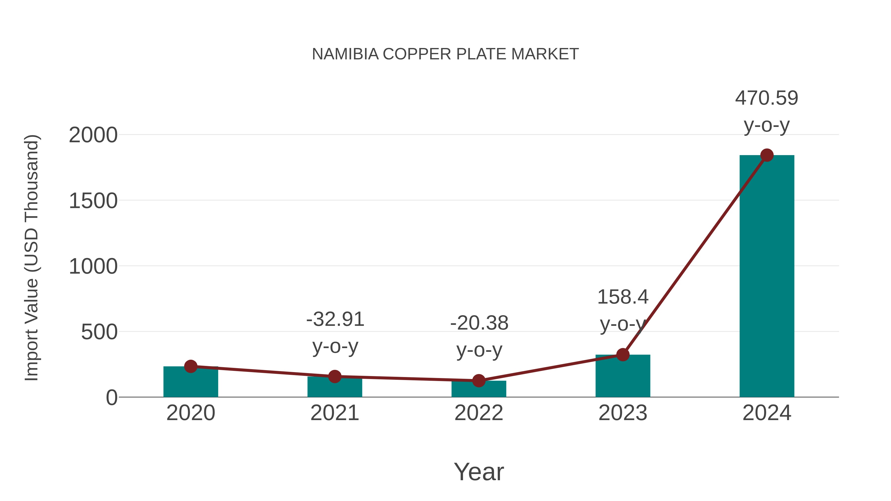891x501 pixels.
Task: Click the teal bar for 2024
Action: click(767, 277)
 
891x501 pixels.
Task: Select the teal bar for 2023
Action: click(623, 377)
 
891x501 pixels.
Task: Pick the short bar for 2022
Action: click(479, 390)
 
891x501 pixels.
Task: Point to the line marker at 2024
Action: click(767, 155)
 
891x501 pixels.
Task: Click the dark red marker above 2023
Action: click(623, 355)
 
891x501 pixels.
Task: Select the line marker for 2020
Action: click(191, 366)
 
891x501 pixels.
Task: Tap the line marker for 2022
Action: click(479, 381)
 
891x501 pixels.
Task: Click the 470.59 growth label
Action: click(767, 98)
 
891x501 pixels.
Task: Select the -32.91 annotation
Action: click(335, 319)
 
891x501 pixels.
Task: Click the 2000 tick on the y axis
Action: click(93, 135)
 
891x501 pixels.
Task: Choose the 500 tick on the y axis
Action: click(99, 332)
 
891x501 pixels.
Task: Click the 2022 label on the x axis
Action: click(479, 413)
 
